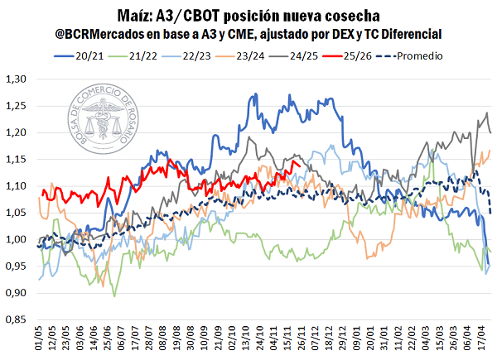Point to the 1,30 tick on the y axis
click(16, 79)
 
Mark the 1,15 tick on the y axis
click(16, 160)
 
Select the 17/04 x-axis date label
click(484, 339)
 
